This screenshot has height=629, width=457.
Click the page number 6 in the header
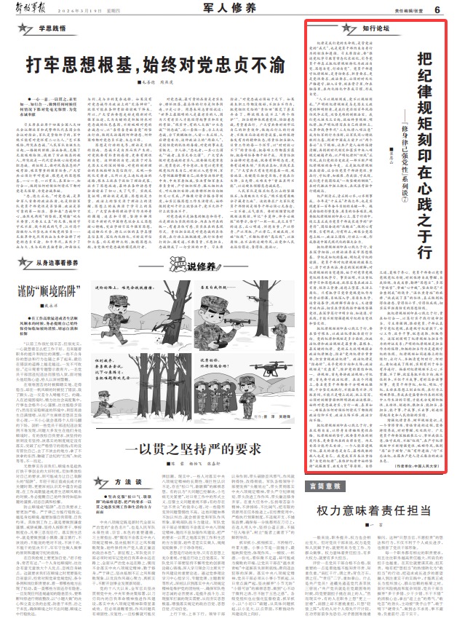438,9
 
